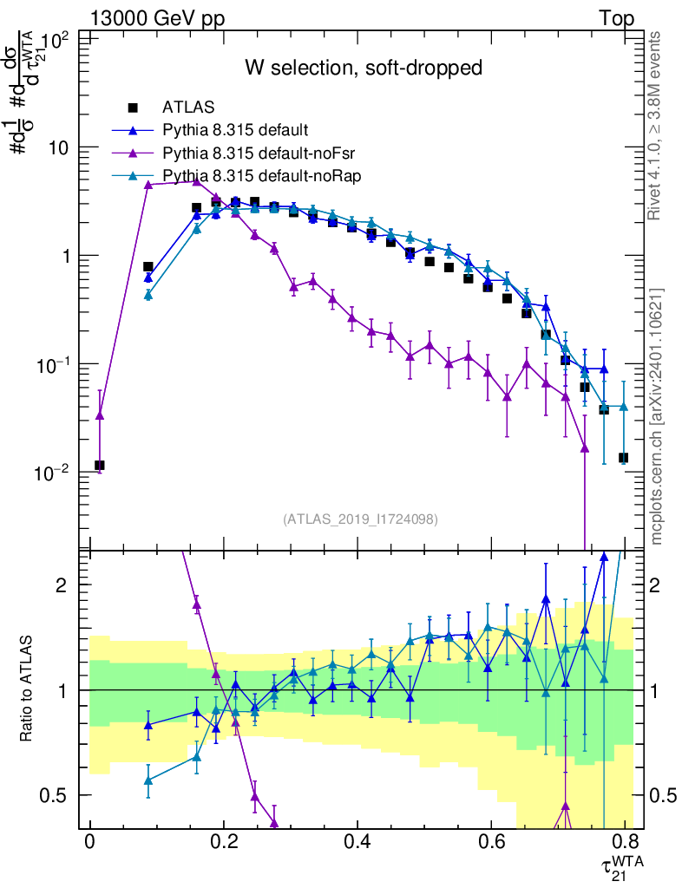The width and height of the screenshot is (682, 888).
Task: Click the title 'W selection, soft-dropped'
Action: coord(362,68)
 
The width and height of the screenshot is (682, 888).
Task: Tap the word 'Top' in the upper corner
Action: coord(616,18)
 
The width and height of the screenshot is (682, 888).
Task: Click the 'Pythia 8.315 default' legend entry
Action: coord(235,131)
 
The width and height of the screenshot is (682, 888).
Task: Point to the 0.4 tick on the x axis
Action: coord(357,842)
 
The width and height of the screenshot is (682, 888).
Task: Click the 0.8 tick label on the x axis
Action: coord(624,842)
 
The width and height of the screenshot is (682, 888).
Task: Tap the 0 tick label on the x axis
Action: coord(90,842)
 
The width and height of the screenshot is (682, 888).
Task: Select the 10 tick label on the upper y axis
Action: coord(58,148)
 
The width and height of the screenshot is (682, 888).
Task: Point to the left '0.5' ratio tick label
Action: coord(53,795)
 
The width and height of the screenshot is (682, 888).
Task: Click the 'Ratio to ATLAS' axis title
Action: coord(28,689)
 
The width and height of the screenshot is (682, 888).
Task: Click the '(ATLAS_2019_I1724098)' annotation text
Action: coord(360,519)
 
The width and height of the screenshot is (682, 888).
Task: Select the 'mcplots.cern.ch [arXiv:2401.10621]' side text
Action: coord(657,417)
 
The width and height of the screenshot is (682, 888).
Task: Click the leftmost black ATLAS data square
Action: coord(100,466)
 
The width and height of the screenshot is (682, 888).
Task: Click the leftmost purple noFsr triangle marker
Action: coord(100,415)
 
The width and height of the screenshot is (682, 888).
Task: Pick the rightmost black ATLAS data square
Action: coord(624,458)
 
